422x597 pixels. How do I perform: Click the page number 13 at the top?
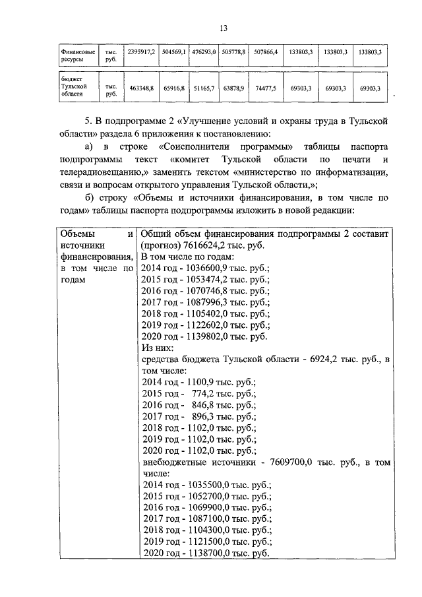pos(224,27)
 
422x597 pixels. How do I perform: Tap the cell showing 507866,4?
pos(265,51)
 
